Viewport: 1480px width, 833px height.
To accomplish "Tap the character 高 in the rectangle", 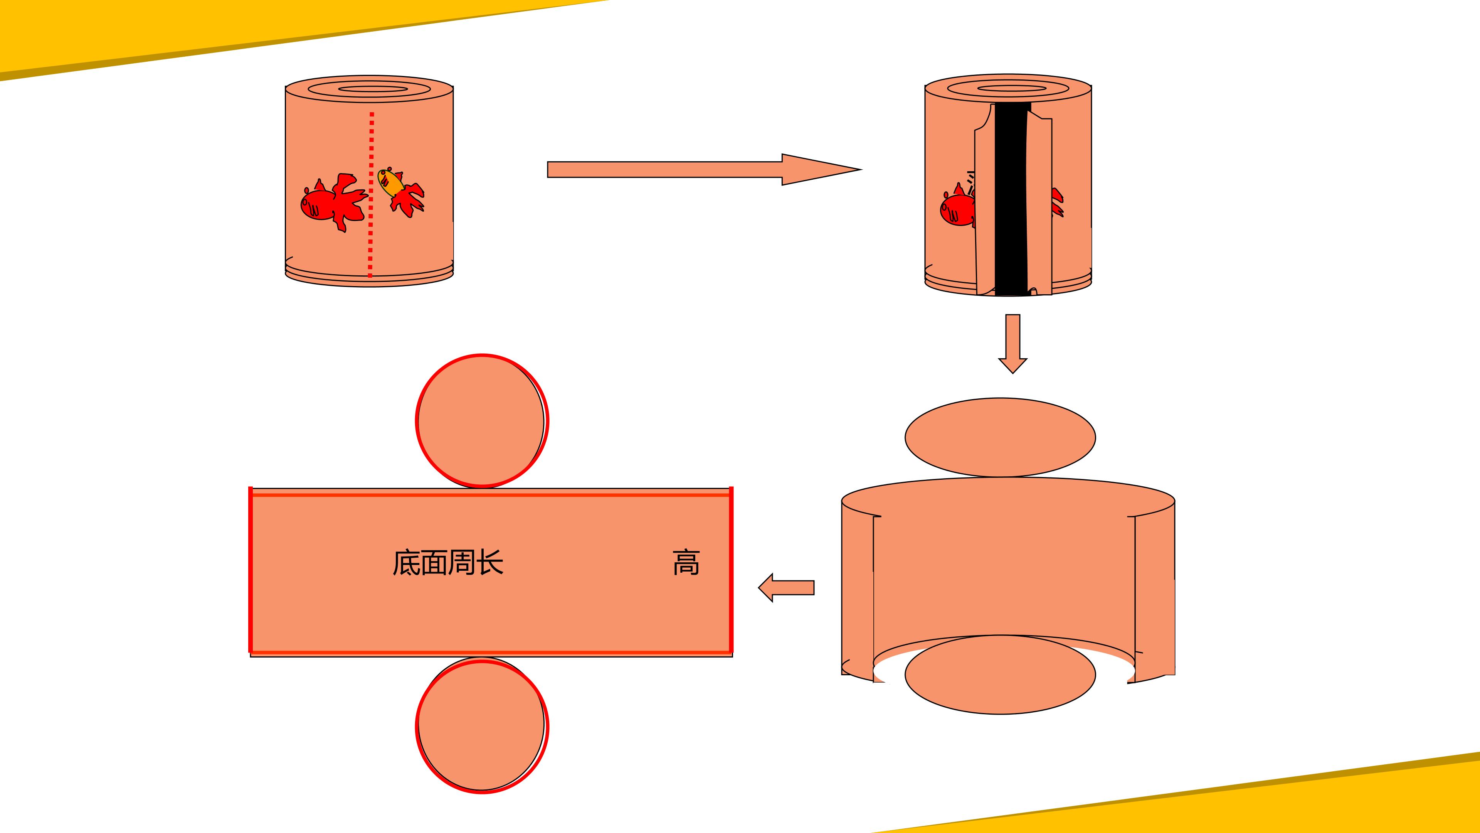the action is point(686,562).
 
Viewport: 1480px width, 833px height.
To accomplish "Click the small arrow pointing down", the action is point(1013,344).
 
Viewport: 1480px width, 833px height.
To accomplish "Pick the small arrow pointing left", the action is point(786,587).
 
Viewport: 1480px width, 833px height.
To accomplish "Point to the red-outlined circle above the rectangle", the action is point(482,421).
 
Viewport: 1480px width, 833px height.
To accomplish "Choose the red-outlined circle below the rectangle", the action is point(482,727).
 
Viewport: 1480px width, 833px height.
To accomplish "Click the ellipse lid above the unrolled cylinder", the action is point(1000,437).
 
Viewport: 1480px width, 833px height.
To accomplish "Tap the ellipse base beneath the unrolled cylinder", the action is point(1000,675).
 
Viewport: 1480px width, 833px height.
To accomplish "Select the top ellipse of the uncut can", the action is point(370,89).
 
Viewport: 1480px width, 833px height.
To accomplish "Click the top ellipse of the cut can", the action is point(1008,88).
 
